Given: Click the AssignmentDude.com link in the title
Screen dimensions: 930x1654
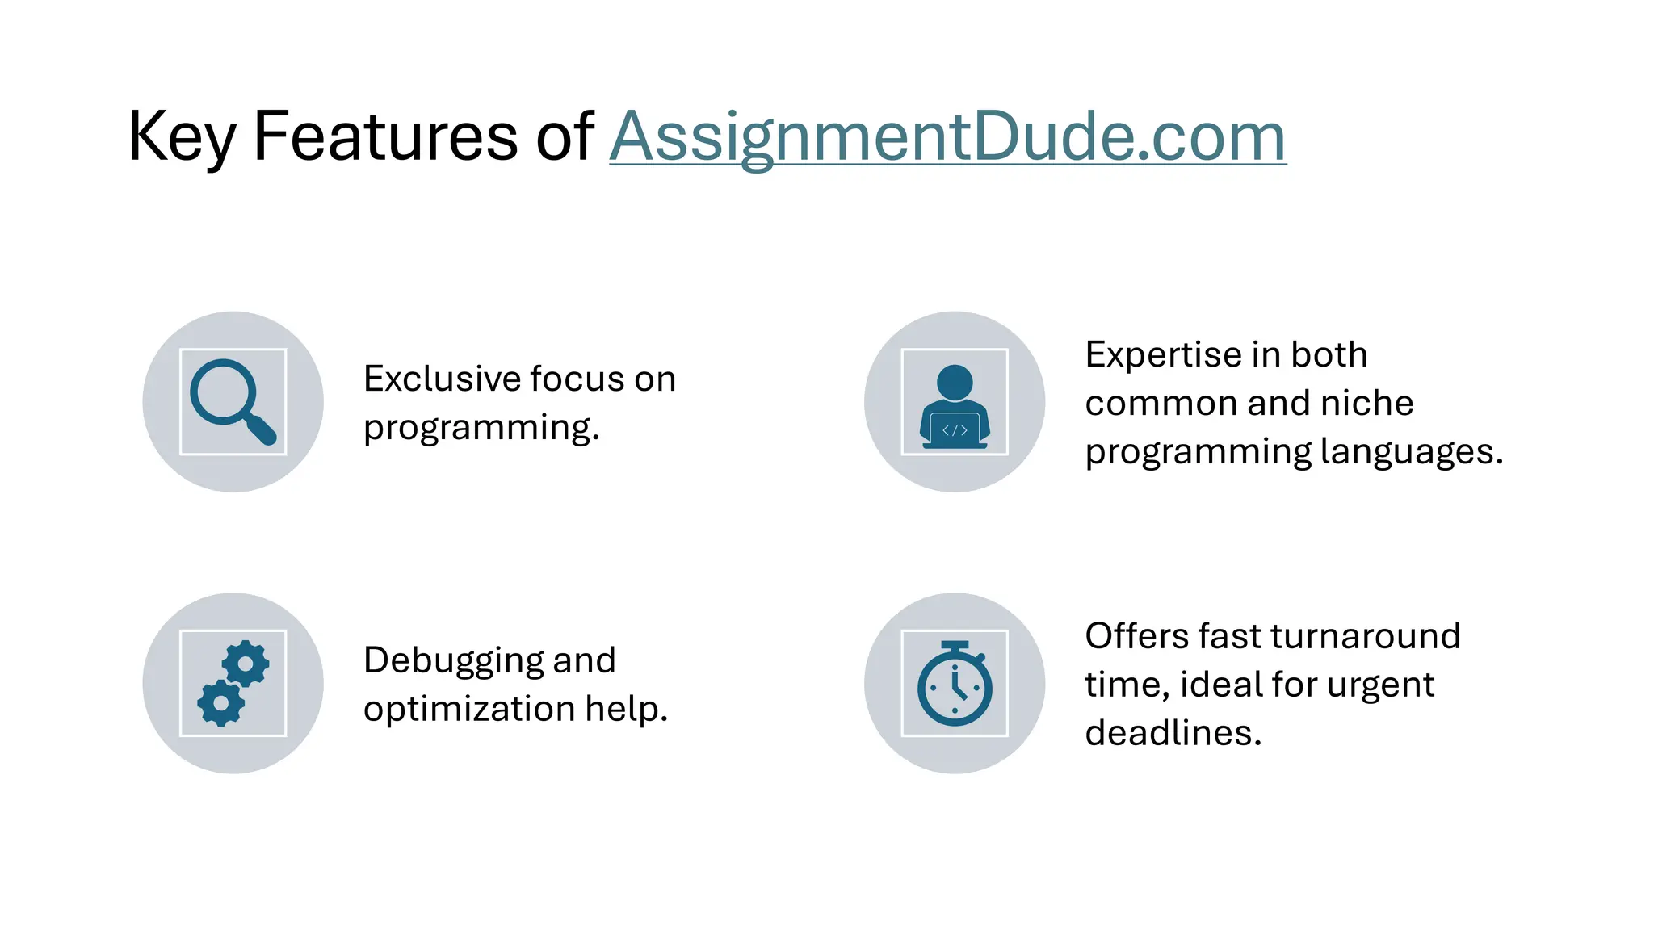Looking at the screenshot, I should coord(947,136).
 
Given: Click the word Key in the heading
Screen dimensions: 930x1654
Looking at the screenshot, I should coord(181,136).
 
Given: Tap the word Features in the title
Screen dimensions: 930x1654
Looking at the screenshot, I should coord(384,136).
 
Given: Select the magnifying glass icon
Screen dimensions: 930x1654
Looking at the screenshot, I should coord(233,401).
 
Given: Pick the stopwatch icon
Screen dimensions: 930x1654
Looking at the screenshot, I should coord(955,684).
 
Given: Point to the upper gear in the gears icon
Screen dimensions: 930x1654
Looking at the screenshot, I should coord(246,664).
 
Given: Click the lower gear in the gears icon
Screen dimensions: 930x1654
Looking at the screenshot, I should coord(220,702).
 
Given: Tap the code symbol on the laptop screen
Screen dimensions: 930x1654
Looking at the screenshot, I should coord(955,430).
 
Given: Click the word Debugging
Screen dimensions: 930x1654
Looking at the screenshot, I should coord(452,660).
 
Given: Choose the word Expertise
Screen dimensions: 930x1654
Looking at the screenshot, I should coord(1152,354).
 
